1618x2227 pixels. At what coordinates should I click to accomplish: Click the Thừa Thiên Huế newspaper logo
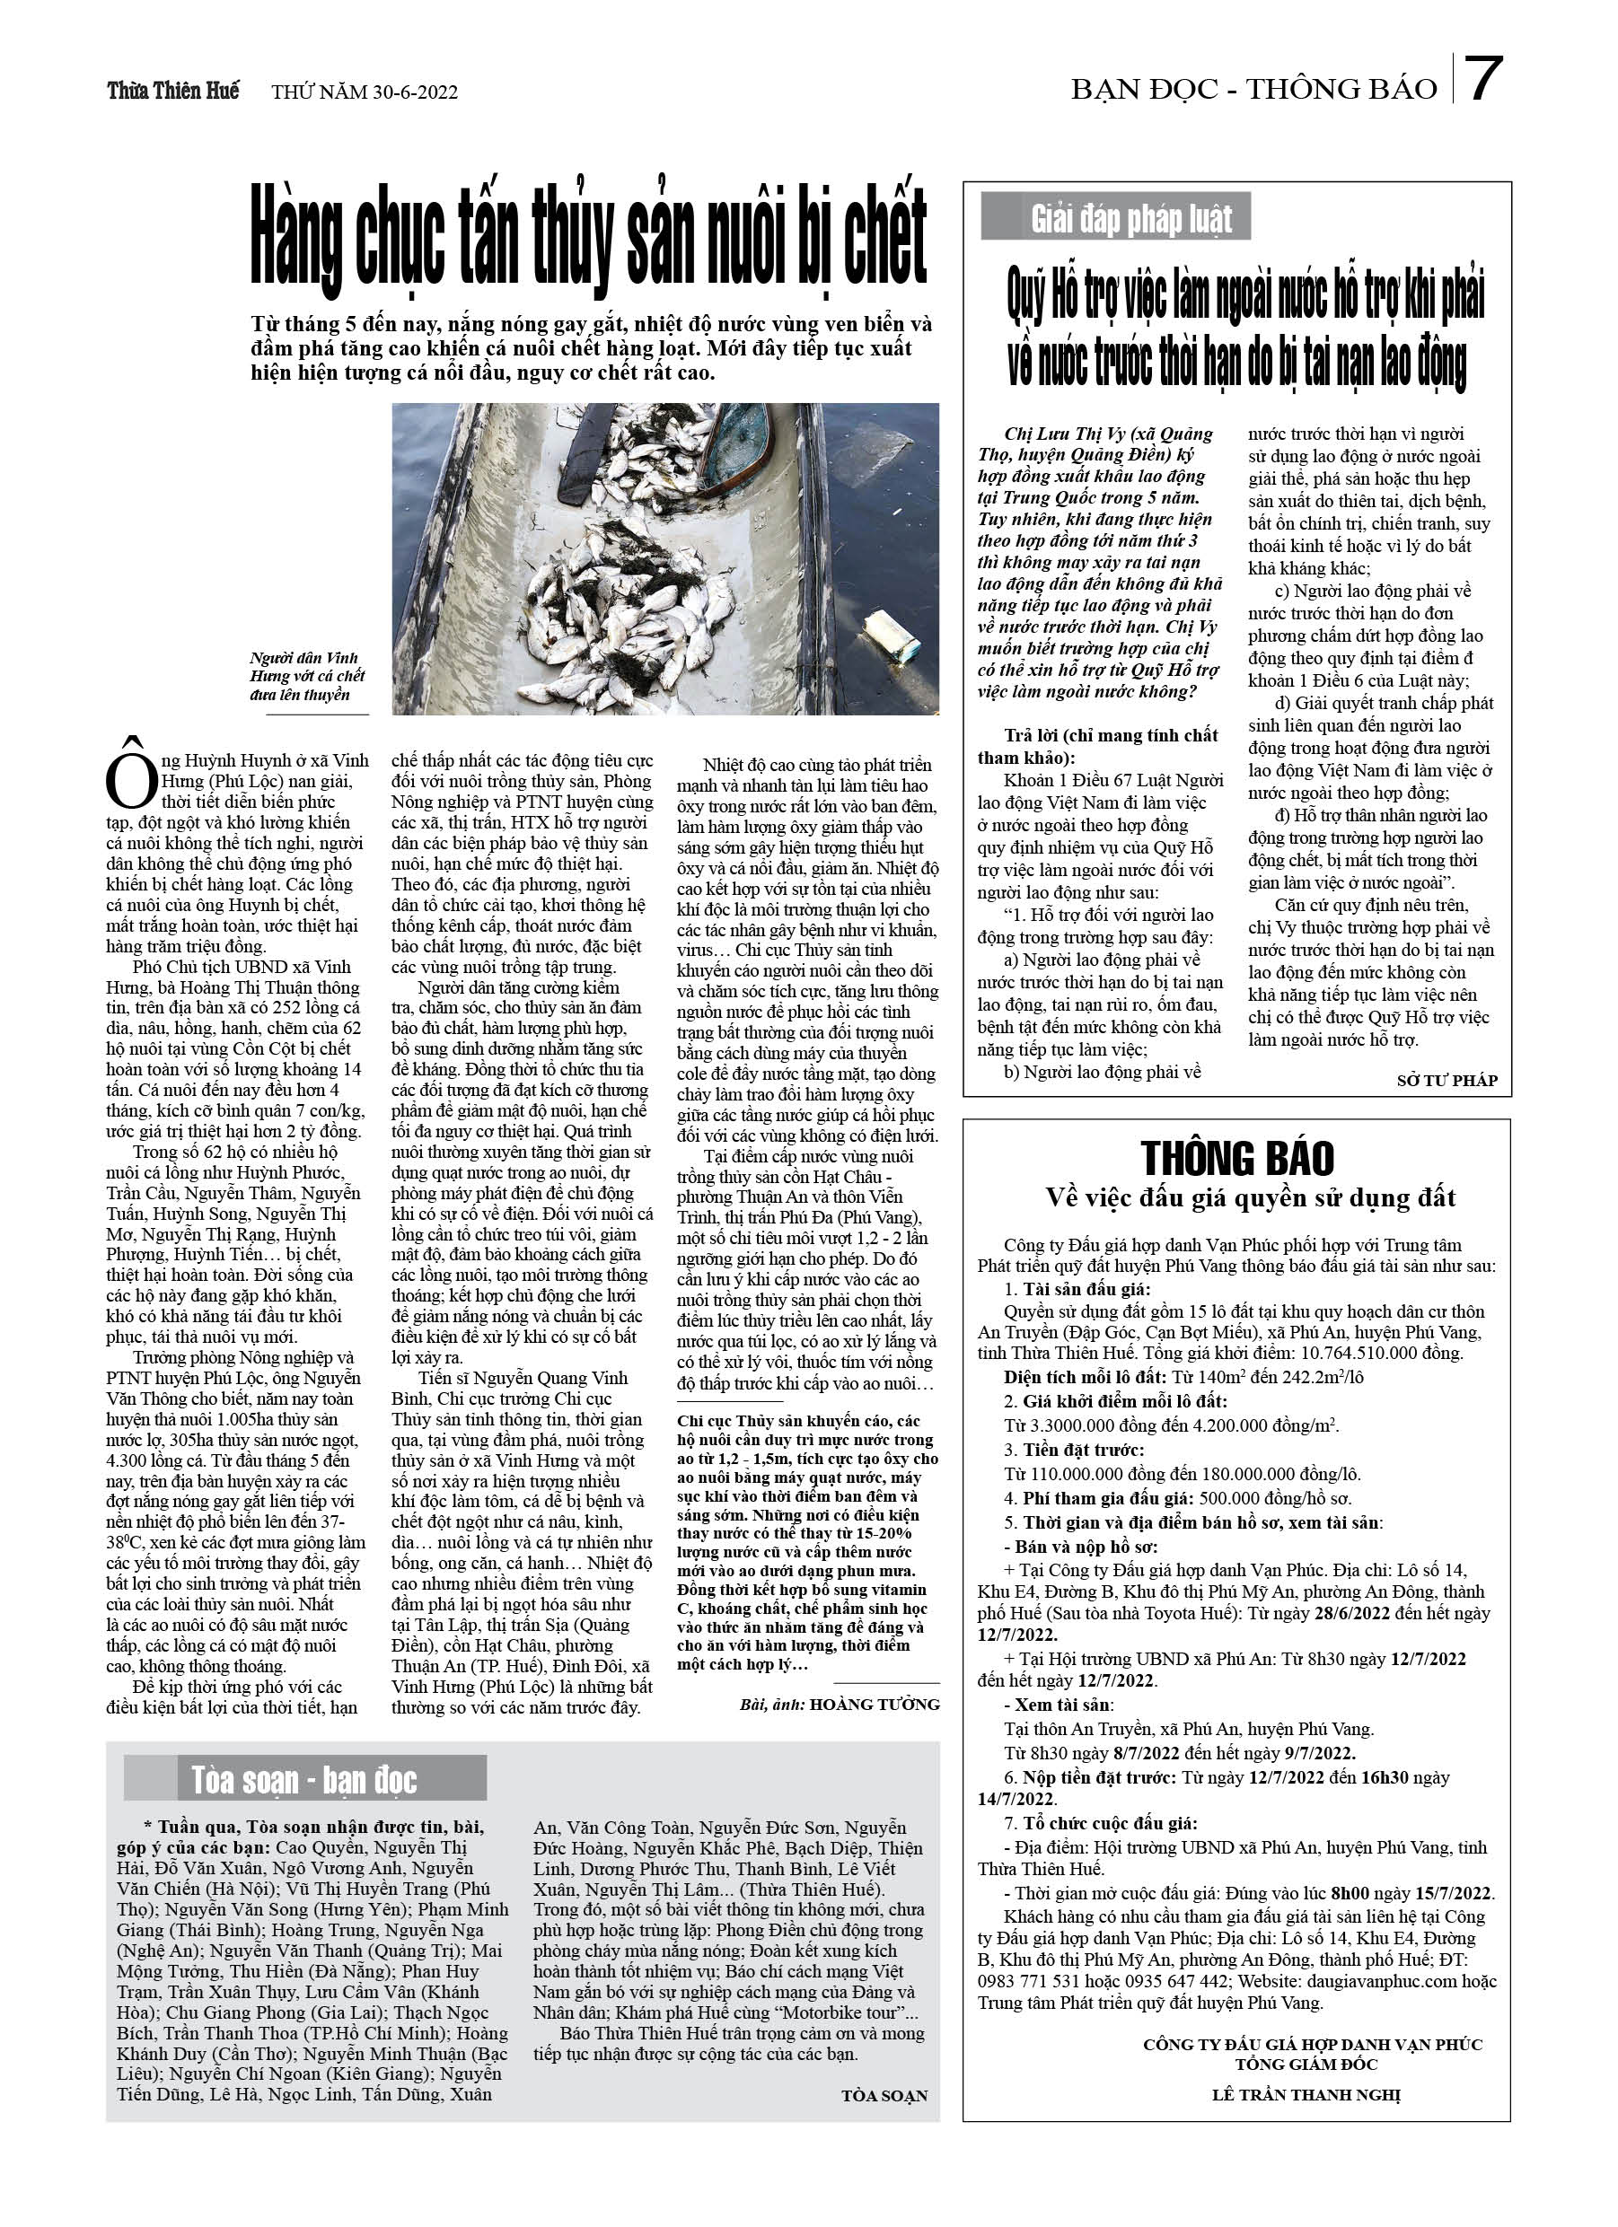click(x=173, y=91)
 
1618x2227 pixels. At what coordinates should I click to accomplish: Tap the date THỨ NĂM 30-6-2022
click(x=364, y=92)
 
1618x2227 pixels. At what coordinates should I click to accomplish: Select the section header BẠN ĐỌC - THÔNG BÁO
click(x=1253, y=90)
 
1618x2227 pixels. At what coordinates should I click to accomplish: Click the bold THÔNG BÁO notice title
click(x=1236, y=1159)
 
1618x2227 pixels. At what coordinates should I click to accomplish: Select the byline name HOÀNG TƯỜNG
click(x=875, y=1705)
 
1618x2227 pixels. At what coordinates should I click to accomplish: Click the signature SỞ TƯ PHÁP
click(x=1447, y=1080)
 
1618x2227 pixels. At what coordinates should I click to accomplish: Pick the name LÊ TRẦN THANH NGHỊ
click(x=1306, y=2093)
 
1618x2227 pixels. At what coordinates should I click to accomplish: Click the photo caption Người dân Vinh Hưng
click(x=304, y=676)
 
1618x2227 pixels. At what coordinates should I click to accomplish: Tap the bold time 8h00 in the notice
click(x=1349, y=1893)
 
